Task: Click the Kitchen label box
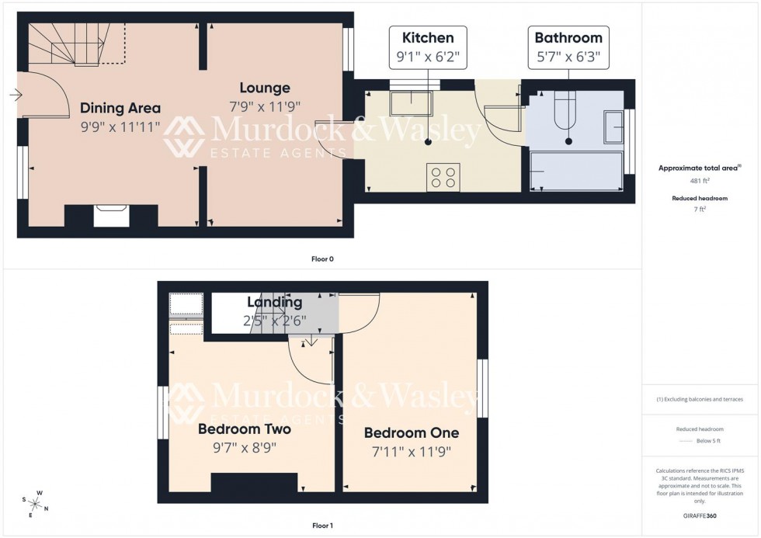point(428,47)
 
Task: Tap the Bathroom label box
point(568,47)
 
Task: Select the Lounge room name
point(265,89)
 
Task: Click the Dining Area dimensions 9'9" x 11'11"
point(120,126)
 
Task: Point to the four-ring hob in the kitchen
point(443,177)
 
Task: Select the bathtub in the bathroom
point(576,171)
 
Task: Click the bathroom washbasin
point(613,127)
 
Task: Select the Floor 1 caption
point(322,526)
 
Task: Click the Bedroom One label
point(412,433)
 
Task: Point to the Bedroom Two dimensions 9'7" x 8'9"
point(245,447)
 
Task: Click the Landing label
point(275,302)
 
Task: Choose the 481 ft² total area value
point(700,180)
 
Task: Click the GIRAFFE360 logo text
point(700,515)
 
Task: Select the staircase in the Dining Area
point(74,45)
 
